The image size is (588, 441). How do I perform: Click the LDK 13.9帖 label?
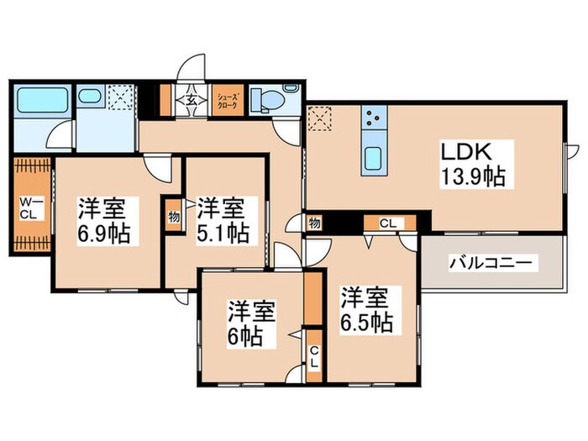[x=473, y=165]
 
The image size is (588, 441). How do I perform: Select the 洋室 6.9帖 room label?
[x=105, y=220]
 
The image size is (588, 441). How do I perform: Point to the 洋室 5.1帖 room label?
[x=223, y=220]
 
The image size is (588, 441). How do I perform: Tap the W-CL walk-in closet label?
[x=28, y=207]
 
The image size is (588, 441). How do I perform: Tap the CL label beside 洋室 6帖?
[x=312, y=356]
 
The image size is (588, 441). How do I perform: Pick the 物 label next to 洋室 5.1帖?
[x=173, y=216]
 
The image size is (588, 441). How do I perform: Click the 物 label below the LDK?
[x=314, y=223]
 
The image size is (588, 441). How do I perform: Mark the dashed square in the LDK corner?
[x=318, y=118]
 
